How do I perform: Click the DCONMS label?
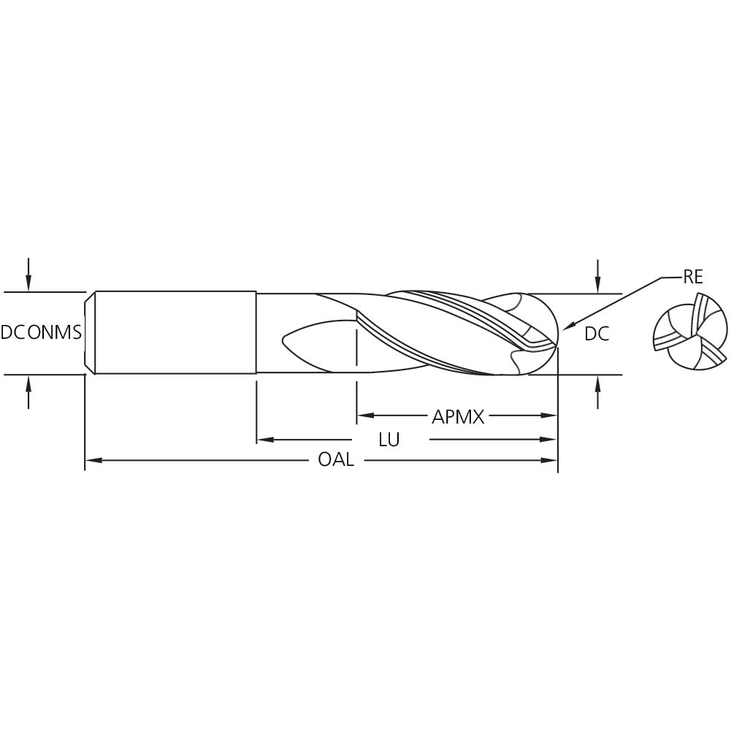[41, 333]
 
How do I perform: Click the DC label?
[597, 334]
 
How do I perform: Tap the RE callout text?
[692, 277]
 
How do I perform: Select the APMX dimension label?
[458, 417]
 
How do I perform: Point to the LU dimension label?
[389, 440]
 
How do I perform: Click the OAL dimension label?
[336, 460]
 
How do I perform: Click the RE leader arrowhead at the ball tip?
[568, 326]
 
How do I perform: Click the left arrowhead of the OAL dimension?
[92, 460]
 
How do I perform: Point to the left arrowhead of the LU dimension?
[264, 440]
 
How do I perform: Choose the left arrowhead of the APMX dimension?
[364, 416]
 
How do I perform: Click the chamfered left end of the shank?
[89, 333]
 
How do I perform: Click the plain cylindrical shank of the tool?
[175, 333]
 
